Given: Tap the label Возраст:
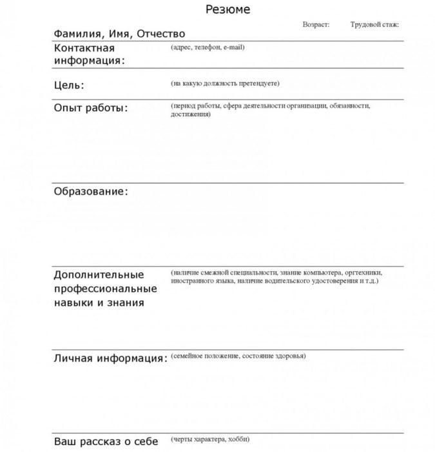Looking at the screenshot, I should coord(316,24).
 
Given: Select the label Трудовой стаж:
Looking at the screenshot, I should coord(374,24).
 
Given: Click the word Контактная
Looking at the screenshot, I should coord(84,48).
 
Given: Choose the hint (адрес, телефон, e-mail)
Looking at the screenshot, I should coord(208,47).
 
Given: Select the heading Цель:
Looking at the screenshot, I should coord(69,85).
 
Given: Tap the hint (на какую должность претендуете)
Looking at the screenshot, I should coord(225,83).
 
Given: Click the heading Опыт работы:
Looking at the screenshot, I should coord(90,107).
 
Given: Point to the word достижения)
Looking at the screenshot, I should coord(191,114).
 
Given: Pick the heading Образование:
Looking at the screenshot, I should coord(91,192).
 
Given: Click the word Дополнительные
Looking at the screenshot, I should coord(99,274).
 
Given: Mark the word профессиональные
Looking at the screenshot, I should coord(105,289).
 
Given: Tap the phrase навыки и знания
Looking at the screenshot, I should coord(98,302).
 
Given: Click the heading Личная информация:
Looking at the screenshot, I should coord(110,358).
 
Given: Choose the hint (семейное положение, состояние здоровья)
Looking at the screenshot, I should coord(238,356).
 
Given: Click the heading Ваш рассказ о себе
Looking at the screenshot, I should coord(106,442).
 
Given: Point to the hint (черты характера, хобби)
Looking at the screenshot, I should coord(208,439).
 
